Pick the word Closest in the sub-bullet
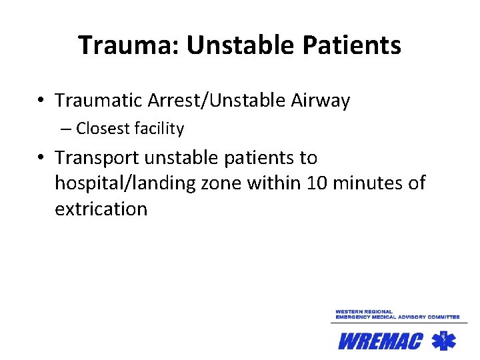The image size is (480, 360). pos(102,129)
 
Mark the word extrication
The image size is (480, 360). pos(101,209)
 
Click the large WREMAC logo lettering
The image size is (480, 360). pos(381,341)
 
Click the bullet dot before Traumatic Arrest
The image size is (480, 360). pos(41,101)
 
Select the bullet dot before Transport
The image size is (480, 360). pos(41,159)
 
